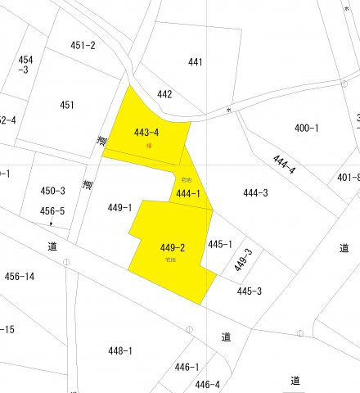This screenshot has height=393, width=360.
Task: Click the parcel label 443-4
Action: (146, 132)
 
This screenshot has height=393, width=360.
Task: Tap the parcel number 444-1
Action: (187, 194)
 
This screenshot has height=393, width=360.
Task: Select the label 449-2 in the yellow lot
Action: (173, 248)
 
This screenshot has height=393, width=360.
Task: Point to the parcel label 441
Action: (195, 61)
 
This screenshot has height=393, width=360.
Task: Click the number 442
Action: (164, 94)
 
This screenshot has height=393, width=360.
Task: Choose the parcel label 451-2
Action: (83, 45)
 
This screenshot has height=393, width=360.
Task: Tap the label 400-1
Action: (307, 128)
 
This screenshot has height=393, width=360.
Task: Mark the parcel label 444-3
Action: (256, 193)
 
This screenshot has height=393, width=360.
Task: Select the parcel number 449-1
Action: (119, 208)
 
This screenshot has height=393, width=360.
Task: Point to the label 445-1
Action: (220, 243)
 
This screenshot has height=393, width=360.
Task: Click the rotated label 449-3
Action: (243, 260)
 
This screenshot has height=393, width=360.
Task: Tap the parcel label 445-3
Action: (249, 291)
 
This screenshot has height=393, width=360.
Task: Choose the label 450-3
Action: (52, 191)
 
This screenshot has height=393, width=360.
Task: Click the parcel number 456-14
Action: (20, 277)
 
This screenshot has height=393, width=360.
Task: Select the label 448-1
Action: (119, 350)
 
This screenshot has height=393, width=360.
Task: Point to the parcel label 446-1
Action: (187, 367)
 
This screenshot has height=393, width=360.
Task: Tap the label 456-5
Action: (52, 211)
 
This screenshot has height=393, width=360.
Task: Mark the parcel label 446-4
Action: (207, 384)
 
